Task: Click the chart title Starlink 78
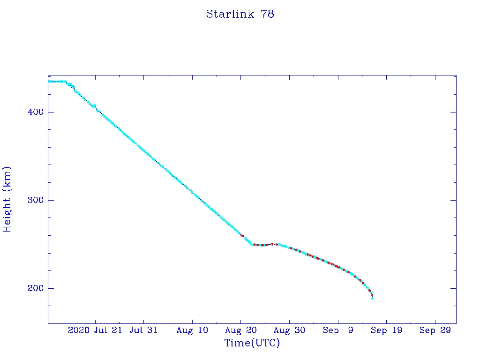pyautogui.click(x=240, y=14)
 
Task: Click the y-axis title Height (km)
pyautogui.click(x=7, y=199)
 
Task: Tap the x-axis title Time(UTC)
pyautogui.click(x=252, y=343)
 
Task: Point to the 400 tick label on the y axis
pyautogui.click(x=33, y=112)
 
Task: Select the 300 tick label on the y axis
pyautogui.click(x=33, y=200)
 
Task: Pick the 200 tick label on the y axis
pyautogui.click(x=33, y=288)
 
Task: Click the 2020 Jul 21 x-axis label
pyautogui.click(x=95, y=330)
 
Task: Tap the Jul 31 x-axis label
pyautogui.click(x=143, y=330)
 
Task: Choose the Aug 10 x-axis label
pyautogui.click(x=192, y=330)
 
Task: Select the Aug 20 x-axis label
pyautogui.click(x=240, y=330)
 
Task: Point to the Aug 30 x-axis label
pyautogui.click(x=289, y=330)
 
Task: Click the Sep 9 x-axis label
pyautogui.click(x=338, y=330)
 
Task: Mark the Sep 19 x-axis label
pyautogui.click(x=386, y=330)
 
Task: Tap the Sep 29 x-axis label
pyautogui.click(x=435, y=330)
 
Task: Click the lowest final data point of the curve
pyautogui.click(x=372, y=299)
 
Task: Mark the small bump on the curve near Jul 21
pyautogui.click(x=94, y=105)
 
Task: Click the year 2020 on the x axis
pyautogui.click(x=79, y=330)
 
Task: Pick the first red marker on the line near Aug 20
pyautogui.click(x=242, y=235)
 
